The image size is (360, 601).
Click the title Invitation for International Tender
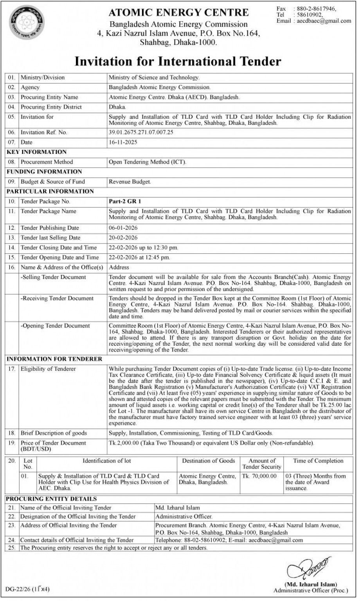[178, 61]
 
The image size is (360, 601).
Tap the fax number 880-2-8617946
[317, 8]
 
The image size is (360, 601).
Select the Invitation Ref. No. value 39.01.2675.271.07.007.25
[141, 132]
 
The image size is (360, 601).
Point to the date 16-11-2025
[123, 142]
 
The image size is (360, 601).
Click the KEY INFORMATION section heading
[37, 152]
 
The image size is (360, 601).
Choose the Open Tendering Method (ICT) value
[148, 162]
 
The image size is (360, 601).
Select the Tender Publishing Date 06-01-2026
[123, 228]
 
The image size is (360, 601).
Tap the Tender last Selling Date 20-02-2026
[123, 238]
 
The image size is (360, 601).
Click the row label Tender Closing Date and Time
[59, 247]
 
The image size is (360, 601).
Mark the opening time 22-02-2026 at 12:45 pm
[139, 257]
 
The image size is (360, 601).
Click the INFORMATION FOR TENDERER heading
[54, 359]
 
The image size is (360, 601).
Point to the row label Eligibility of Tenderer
[48, 369]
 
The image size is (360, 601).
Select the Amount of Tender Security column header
[262, 464]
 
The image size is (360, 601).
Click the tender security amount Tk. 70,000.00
[259, 476]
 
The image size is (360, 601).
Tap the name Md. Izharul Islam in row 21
[177, 508]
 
